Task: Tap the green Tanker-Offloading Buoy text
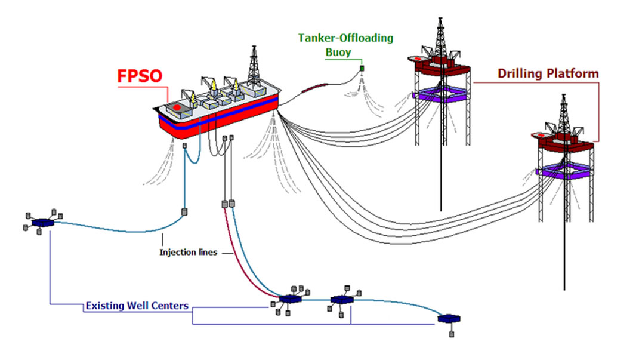click(x=345, y=45)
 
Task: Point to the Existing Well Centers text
click(x=137, y=306)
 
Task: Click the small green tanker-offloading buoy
click(x=362, y=71)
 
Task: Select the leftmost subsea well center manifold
click(x=42, y=223)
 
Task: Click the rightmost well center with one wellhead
click(x=447, y=318)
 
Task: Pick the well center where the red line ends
click(x=289, y=298)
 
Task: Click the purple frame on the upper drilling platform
click(x=440, y=94)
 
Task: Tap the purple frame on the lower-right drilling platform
click(x=564, y=171)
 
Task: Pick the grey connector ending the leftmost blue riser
click(x=184, y=212)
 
